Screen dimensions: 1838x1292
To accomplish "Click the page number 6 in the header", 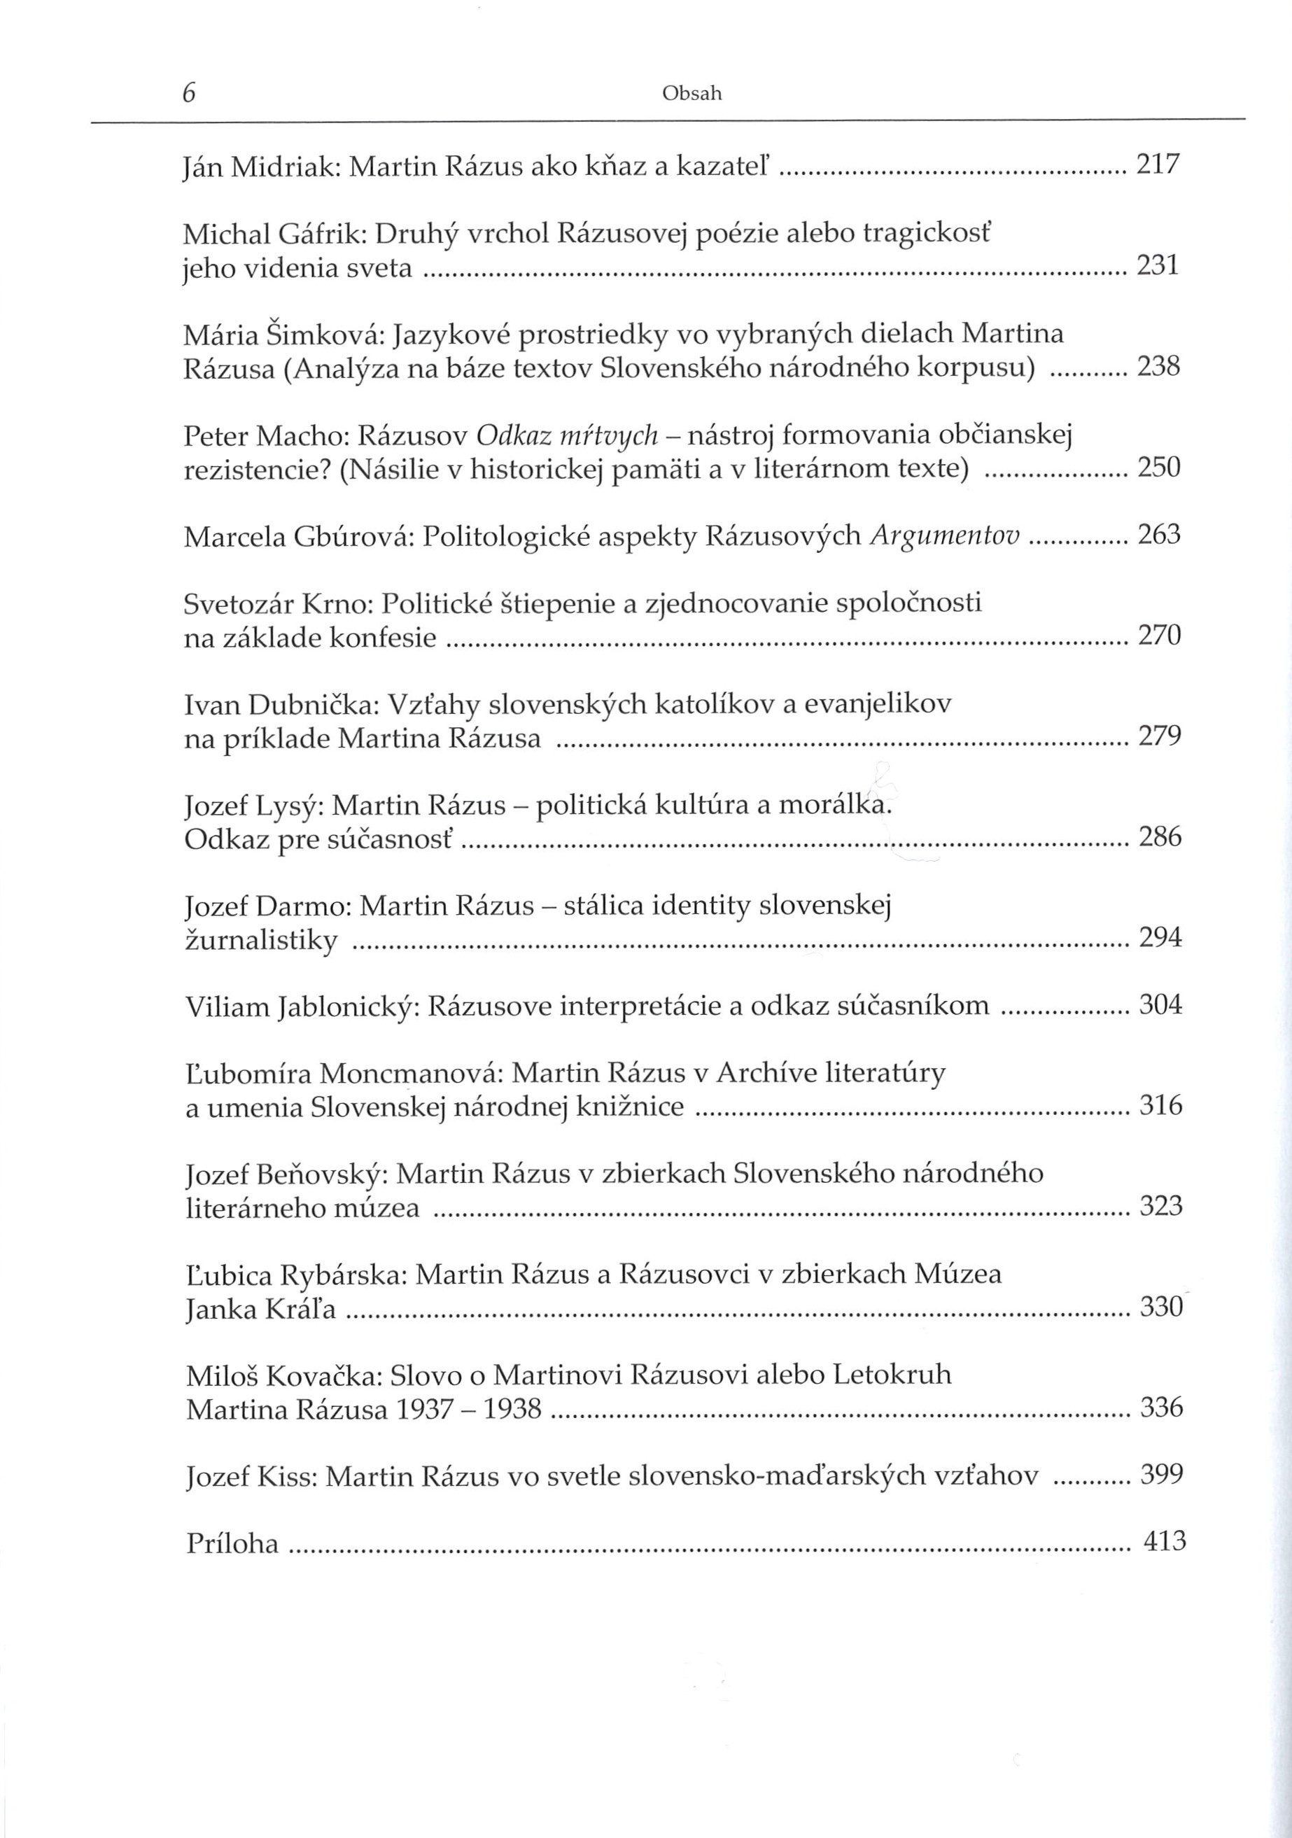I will (189, 93).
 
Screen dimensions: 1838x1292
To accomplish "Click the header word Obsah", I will (692, 94).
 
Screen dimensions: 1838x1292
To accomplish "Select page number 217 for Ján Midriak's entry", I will (1158, 165).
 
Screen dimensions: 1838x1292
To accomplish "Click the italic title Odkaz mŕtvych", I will (566, 435).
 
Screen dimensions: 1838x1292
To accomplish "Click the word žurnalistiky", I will (262, 940).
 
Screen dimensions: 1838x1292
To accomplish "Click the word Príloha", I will (232, 1543).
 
